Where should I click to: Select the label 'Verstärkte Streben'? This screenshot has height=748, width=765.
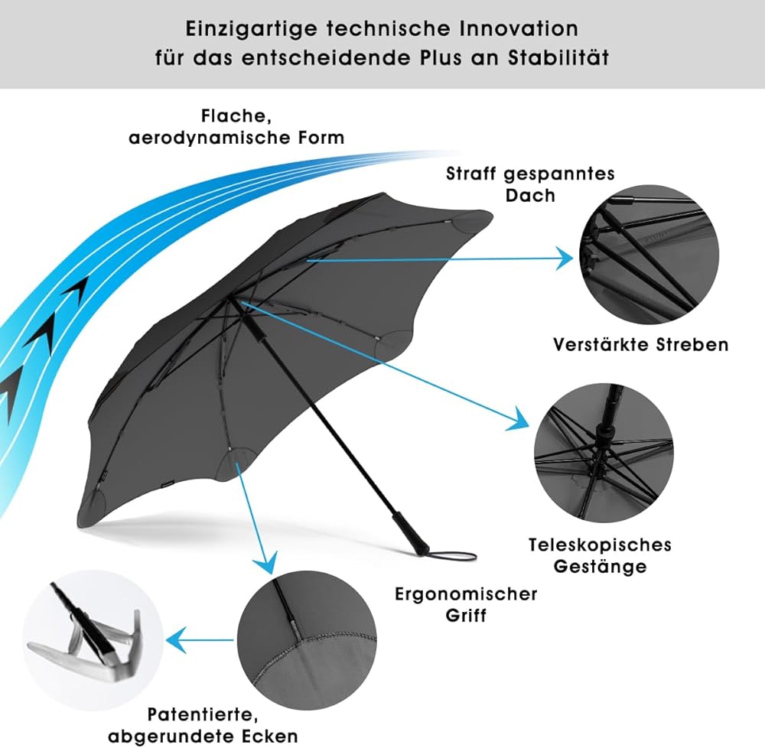click(640, 344)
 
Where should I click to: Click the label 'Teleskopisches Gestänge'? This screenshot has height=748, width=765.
click(600, 555)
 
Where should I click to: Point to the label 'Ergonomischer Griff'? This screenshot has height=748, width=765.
click(466, 603)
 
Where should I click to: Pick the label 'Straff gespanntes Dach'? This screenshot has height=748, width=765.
click(530, 184)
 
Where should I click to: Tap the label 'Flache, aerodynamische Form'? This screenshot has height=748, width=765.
click(236, 127)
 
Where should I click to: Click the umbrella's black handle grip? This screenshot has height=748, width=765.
click(405, 532)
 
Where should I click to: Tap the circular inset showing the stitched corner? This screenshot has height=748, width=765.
click(306, 642)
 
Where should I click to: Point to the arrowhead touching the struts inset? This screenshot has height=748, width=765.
click(565, 259)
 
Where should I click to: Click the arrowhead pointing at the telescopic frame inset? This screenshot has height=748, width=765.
click(521, 418)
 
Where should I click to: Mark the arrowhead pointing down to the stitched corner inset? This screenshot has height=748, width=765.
click(265, 564)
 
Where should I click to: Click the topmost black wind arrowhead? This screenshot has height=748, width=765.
click(76, 288)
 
